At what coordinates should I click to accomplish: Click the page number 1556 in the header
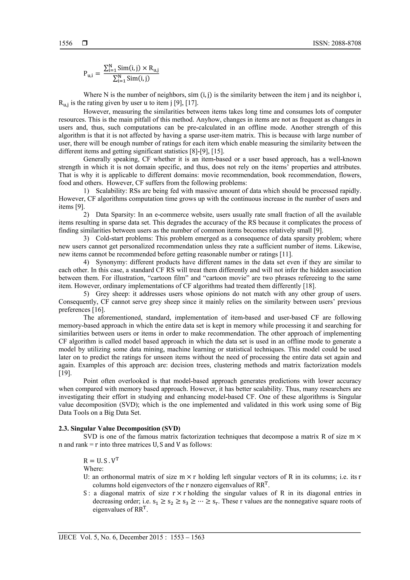click(65, 43)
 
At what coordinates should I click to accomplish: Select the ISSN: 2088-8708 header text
click(337, 43)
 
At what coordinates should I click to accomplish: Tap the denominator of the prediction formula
click(131, 79)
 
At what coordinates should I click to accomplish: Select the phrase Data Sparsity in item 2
click(116, 215)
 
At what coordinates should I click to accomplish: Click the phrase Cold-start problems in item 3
click(124, 238)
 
